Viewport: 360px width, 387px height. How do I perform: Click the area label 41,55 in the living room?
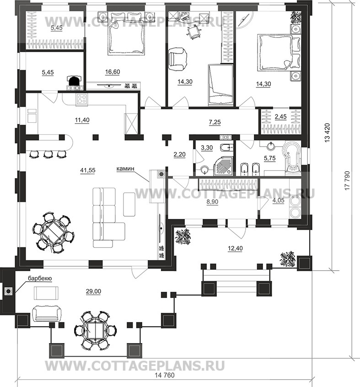pyautogui.click(x=87, y=170)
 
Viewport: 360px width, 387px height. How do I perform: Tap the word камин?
pyautogui.click(x=125, y=169)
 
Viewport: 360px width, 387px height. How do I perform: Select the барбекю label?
pyautogui.click(x=40, y=278)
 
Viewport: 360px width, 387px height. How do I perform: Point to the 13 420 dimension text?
pyautogui.click(x=327, y=132)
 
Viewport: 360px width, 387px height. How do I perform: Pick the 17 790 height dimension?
pyautogui.click(x=347, y=180)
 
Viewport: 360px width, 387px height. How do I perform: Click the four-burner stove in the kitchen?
pyautogui.click(x=81, y=99)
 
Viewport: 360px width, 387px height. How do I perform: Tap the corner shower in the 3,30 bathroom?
pyautogui.click(x=223, y=166)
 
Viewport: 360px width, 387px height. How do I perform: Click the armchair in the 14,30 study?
pyautogui.click(x=177, y=59)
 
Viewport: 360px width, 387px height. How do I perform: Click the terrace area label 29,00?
pyautogui.click(x=93, y=291)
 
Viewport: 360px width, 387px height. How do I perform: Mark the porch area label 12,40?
pyautogui.click(x=235, y=248)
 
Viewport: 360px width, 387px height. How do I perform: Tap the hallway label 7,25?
pyautogui.click(x=215, y=122)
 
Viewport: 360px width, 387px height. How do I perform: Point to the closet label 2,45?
pyautogui.click(x=280, y=116)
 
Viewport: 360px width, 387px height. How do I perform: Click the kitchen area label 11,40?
pyautogui.click(x=82, y=120)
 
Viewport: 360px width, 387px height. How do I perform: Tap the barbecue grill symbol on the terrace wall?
pyautogui.click(x=8, y=291)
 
